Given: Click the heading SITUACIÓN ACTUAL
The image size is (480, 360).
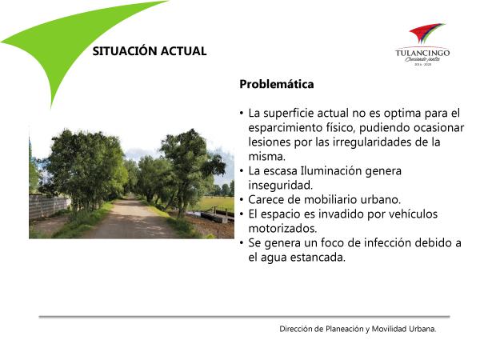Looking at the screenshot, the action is (x=150, y=51).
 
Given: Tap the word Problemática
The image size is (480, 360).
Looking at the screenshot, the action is (x=277, y=84).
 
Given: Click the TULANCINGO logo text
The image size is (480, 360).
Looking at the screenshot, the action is (x=422, y=53).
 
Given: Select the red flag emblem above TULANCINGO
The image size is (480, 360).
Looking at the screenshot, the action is (x=426, y=33).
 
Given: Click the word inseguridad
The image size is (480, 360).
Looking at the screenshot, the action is (x=281, y=185).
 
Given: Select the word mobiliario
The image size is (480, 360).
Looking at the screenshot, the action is (x=330, y=199).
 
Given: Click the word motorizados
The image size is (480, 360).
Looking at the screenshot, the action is (x=282, y=228).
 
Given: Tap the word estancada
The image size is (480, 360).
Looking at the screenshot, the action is (x=318, y=257).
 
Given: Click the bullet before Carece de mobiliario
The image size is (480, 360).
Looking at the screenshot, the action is (x=242, y=200).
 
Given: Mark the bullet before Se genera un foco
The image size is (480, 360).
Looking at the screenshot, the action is (x=242, y=243).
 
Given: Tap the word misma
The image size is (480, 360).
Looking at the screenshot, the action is (x=266, y=157).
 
